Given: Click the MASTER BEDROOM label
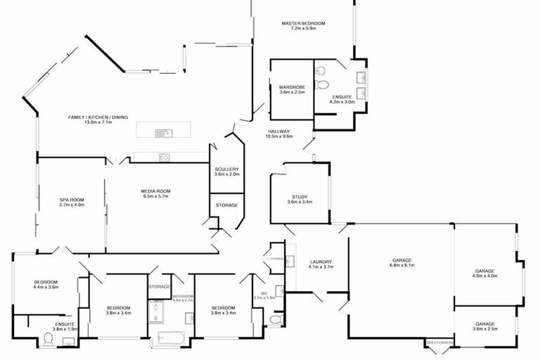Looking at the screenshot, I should click(303, 23).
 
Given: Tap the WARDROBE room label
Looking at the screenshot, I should click(292, 86).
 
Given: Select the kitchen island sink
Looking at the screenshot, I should click(160, 131).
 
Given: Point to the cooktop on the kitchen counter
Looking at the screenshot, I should click(164, 157).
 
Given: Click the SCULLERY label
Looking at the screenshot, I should click(226, 169).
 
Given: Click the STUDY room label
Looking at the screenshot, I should click(299, 196).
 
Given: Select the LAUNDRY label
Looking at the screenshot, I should click(320, 262).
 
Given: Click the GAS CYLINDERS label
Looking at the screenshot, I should click(439, 342).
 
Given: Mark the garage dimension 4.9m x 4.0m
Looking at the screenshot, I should click(484, 276).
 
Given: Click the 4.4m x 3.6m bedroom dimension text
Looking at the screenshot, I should click(46, 287).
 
